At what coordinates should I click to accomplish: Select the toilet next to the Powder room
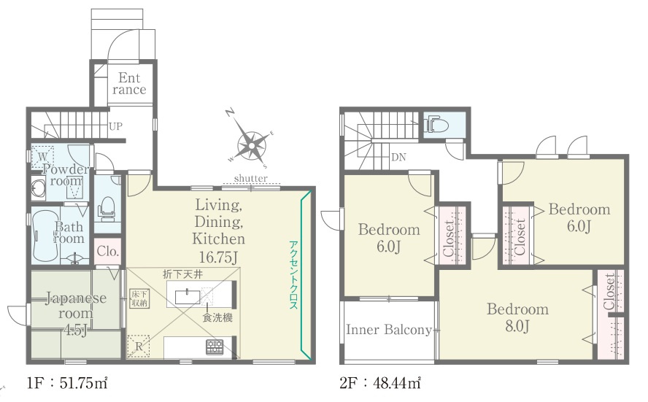(x=107, y=206)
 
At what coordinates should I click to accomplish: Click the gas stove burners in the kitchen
(x=215, y=347)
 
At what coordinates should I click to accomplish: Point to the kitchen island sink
(x=188, y=297)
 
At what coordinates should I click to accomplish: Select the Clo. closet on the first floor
(x=108, y=251)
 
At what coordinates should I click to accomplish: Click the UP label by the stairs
(x=116, y=126)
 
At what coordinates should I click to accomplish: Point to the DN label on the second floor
(x=398, y=157)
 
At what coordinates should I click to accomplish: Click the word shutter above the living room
(x=251, y=179)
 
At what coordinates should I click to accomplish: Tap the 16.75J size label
(x=218, y=258)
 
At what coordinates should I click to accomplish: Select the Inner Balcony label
(x=389, y=329)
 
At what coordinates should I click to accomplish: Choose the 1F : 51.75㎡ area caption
(x=67, y=383)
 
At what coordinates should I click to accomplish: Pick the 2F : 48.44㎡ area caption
(x=380, y=383)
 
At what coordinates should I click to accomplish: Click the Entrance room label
(x=129, y=83)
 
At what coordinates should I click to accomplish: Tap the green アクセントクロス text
(x=293, y=275)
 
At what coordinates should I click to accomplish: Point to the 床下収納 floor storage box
(x=139, y=298)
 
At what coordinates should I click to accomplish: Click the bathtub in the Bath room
(x=45, y=235)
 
